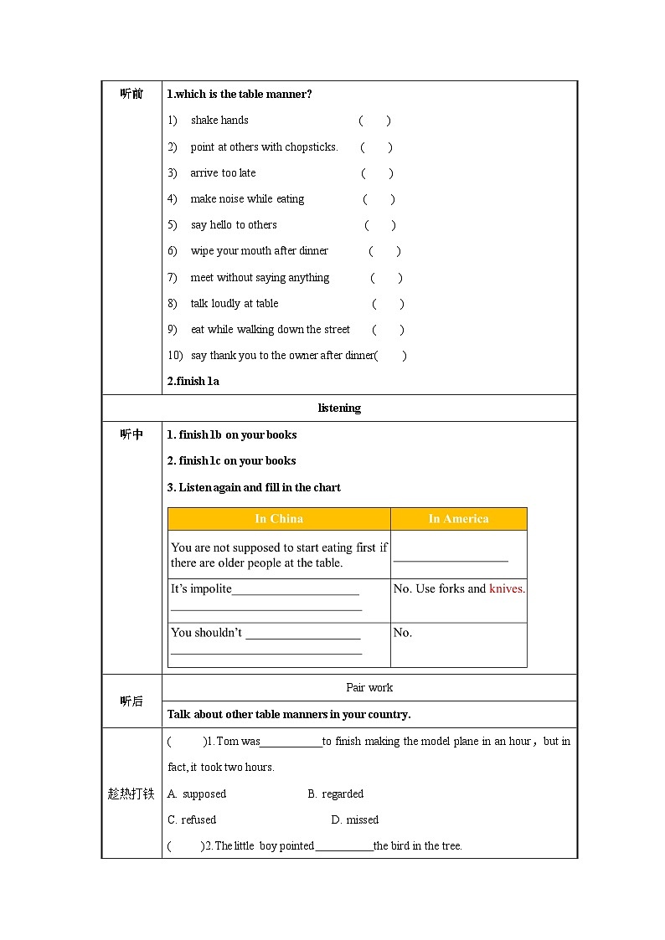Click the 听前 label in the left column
click(x=131, y=94)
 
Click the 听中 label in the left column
click(x=131, y=434)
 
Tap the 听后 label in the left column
click(x=131, y=701)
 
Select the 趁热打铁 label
click(x=131, y=794)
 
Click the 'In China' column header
click(x=279, y=519)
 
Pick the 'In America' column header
click(x=458, y=519)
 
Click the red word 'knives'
click(x=506, y=588)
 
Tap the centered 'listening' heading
click(x=339, y=408)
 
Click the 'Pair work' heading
click(x=369, y=687)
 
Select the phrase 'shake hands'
click(x=219, y=121)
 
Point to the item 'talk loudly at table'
click(x=235, y=304)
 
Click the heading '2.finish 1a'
click(x=193, y=381)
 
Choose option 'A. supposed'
click(x=197, y=794)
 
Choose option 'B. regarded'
click(x=335, y=794)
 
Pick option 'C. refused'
click(x=192, y=819)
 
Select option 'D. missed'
click(x=355, y=819)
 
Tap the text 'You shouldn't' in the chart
click(x=206, y=633)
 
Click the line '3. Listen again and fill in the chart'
click(x=254, y=487)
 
